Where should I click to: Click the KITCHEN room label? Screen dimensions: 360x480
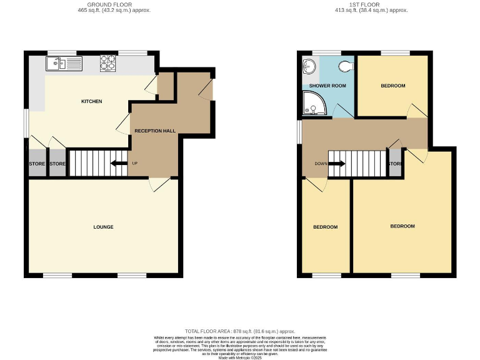[91, 101]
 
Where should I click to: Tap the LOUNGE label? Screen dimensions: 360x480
[104, 227]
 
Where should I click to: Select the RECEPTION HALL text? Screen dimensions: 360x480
[155, 131]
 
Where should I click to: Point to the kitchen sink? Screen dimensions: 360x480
[62, 62]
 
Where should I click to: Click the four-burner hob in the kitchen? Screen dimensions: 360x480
[108, 63]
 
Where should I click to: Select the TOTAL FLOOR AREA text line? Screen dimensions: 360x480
[239, 331]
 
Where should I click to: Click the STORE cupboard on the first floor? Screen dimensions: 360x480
[394, 164]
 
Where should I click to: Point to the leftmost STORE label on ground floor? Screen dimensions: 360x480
[37, 164]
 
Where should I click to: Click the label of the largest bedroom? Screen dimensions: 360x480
[402, 226]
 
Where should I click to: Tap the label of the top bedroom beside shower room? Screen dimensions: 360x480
[392, 86]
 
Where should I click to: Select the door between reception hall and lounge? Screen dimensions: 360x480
[158, 184]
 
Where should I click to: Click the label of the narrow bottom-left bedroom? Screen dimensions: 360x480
[325, 227]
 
